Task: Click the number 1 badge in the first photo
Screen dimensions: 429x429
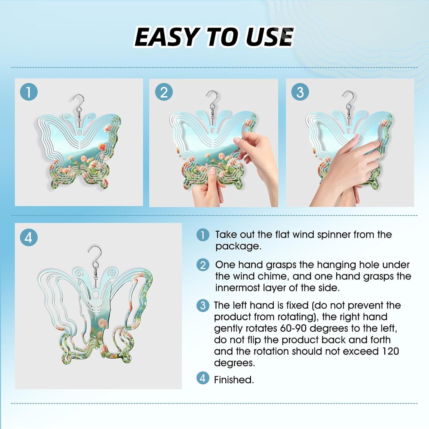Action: point(29,92)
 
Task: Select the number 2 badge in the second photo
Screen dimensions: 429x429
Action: point(164,92)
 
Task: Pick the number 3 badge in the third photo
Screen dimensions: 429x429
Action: point(300,92)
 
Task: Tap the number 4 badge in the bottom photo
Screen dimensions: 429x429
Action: point(29,238)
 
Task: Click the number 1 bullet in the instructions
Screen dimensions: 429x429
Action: point(203,235)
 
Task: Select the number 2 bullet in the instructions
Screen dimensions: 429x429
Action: point(203,265)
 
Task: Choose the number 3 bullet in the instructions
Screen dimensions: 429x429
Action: point(203,306)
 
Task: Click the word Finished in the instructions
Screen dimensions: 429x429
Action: point(234,380)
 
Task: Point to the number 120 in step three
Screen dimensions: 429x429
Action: point(391,351)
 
